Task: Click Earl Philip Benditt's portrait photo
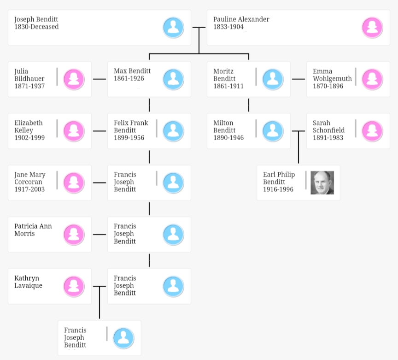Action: pyautogui.click(x=322, y=183)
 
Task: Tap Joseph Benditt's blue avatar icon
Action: pyautogui.click(x=173, y=28)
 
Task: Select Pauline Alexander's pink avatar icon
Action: pyautogui.click(x=372, y=28)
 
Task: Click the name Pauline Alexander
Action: pyautogui.click(x=241, y=19)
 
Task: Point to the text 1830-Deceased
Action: pyautogui.click(x=36, y=27)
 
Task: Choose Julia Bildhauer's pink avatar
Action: pyautogui.click(x=74, y=79)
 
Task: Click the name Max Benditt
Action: pyautogui.click(x=132, y=71)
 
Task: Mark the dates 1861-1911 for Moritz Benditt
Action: pyautogui.click(x=228, y=86)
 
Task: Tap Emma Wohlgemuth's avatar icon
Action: pyautogui.click(x=372, y=79)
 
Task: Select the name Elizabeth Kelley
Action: pyautogui.click(x=28, y=126)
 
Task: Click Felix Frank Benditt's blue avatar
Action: pyautogui.click(x=173, y=131)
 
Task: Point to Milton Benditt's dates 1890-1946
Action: pyautogui.click(x=228, y=137)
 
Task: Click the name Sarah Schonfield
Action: pyautogui.click(x=328, y=126)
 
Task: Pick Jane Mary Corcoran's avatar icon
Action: pyautogui.click(x=74, y=183)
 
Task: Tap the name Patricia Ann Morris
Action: pyautogui.click(x=33, y=230)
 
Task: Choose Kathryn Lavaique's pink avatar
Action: pyautogui.click(x=74, y=286)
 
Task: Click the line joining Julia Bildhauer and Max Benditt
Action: pyautogui.click(x=99, y=79)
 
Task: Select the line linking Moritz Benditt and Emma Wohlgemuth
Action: pyautogui.click(x=298, y=79)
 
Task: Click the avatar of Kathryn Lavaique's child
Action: pyautogui.click(x=123, y=338)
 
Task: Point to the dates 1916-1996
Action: pyautogui.click(x=278, y=189)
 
